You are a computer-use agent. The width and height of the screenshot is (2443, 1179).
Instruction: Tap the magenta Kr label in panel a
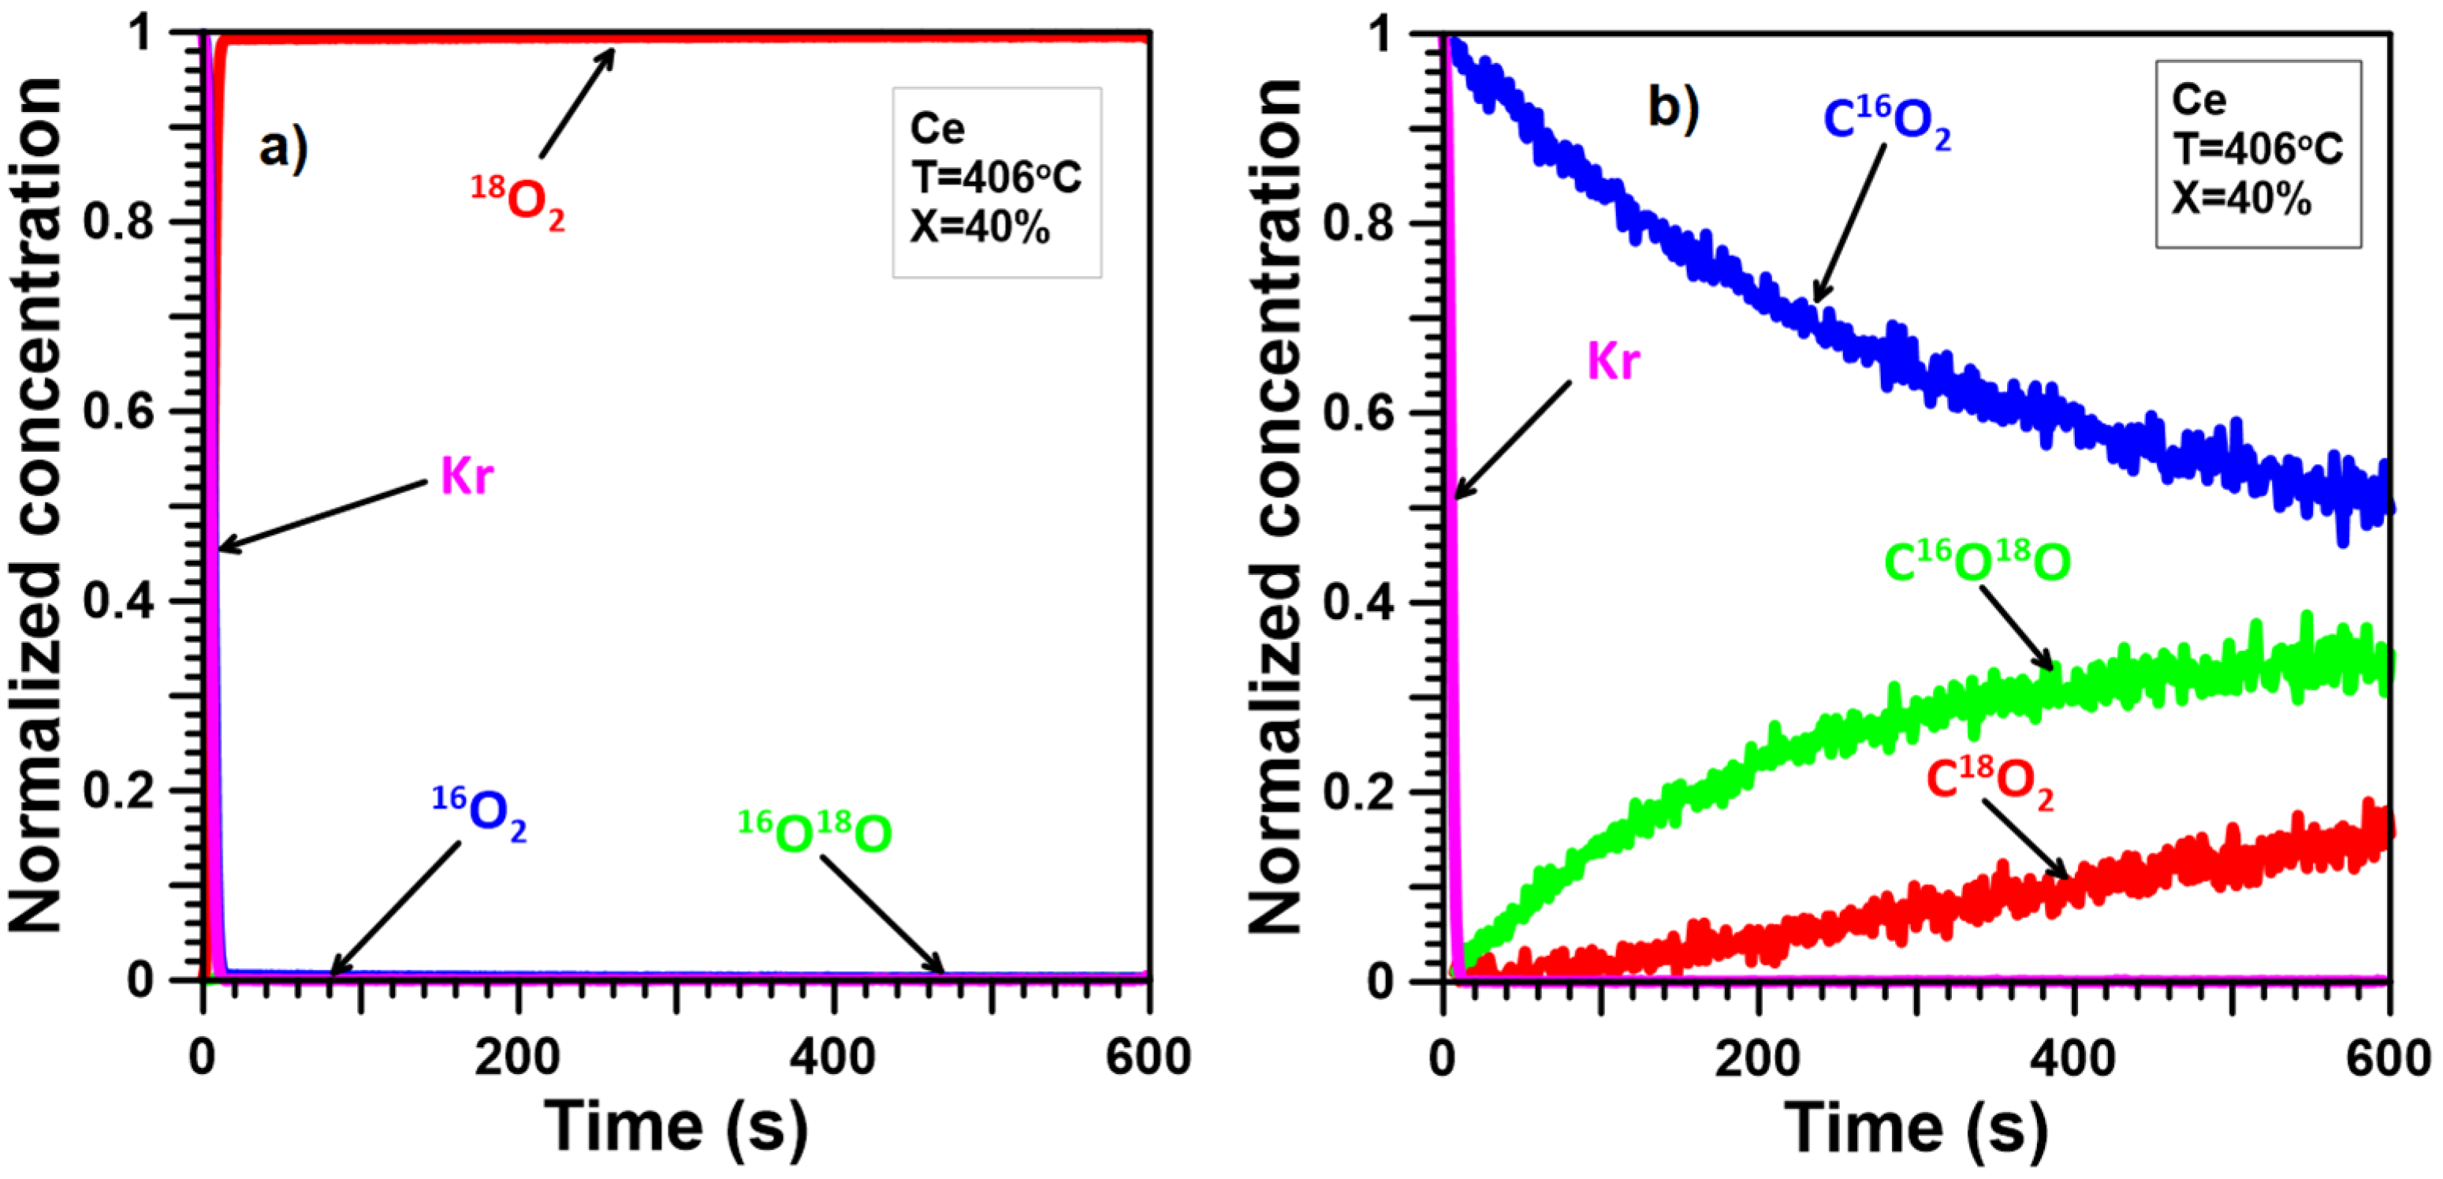(x=467, y=476)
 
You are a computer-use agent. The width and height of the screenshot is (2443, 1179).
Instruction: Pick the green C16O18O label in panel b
(x=1976, y=562)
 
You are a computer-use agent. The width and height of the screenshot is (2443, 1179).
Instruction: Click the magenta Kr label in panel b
(x=1613, y=361)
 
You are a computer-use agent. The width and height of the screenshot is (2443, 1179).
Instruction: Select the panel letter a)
(x=283, y=148)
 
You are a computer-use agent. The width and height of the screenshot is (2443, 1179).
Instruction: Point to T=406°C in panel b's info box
(x=2257, y=149)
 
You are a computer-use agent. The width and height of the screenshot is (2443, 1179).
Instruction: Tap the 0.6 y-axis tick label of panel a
(x=117, y=412)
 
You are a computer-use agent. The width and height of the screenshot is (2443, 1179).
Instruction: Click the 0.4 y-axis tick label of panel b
(x=1358, y=603)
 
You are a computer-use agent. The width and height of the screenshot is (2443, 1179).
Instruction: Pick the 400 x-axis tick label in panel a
(x=832, y=1057)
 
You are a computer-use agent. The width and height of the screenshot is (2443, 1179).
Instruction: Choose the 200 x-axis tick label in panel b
(x=1757, y=1057)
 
